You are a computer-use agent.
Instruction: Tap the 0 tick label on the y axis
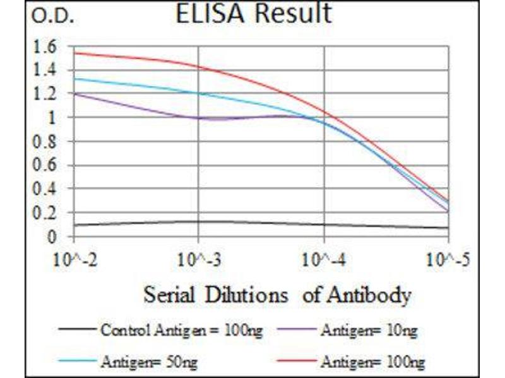(x=52, y=237)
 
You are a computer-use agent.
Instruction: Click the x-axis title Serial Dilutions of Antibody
(x=277, y=294)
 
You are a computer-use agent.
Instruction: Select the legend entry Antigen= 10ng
(x=369, y=329)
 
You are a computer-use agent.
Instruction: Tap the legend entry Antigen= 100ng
(x=372, y=362)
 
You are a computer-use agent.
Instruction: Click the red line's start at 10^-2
(x=74, y=53)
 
